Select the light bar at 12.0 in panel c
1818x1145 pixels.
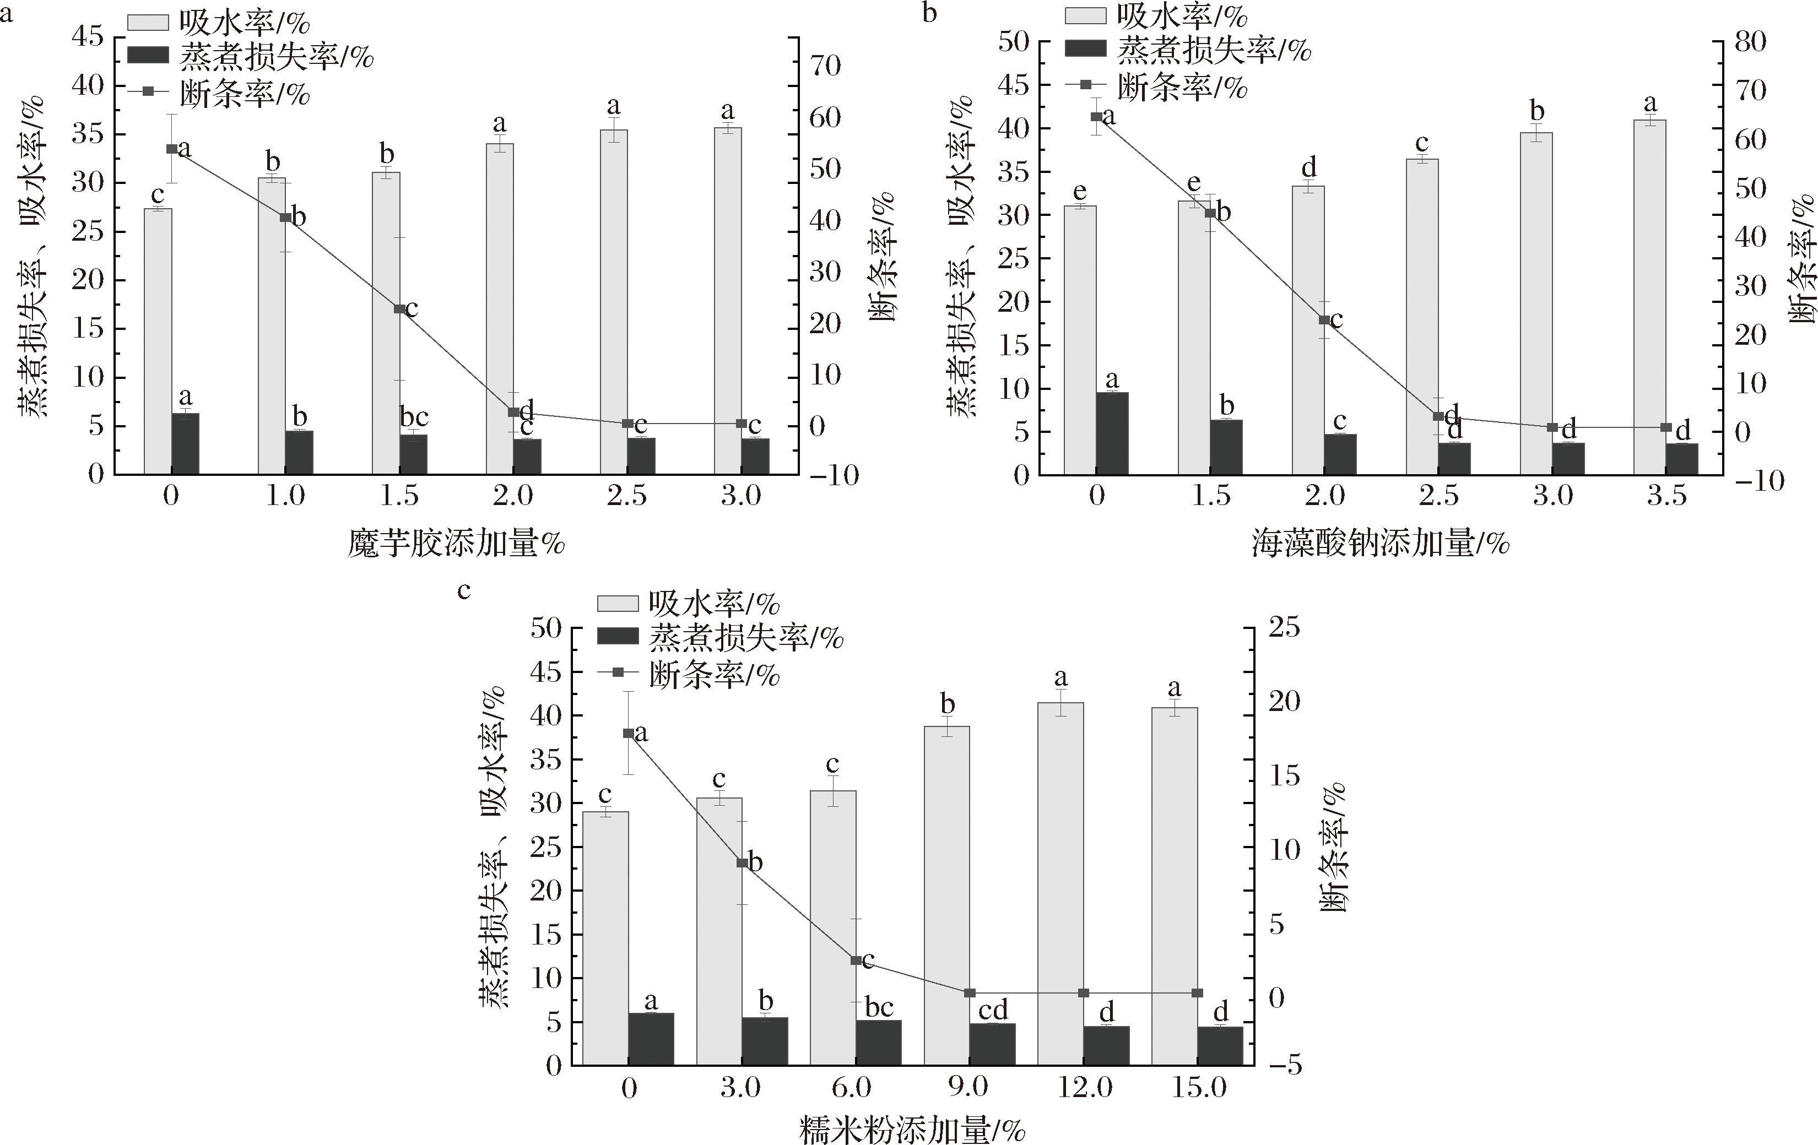pos(1060,883)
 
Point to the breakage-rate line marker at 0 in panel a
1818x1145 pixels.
pos(171,149)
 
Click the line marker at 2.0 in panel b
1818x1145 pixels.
pos(1323,320)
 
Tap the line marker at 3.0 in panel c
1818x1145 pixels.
pos(742,862)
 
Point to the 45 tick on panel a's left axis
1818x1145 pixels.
pos(88,37)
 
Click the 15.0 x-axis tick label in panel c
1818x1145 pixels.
pos(1198,1088)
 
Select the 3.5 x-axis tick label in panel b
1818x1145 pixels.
pos(1666,495)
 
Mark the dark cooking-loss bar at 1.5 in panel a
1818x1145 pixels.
pos(414,454)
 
